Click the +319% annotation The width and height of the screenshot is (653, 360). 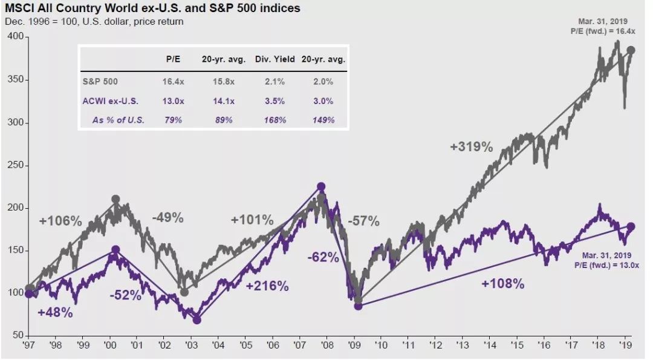click(x=472, y=146)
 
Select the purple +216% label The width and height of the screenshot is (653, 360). click(x=267, y=286)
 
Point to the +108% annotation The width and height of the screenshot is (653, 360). click(x=503, y=283)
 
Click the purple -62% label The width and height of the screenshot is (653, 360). click(x=323, y=258)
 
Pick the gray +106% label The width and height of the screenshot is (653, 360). click(x=60, y=221)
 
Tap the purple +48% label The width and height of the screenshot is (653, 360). click(x=55, y=313)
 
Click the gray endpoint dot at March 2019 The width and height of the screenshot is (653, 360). click(x=631, y=50)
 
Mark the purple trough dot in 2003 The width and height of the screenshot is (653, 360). click(x=197, y=320)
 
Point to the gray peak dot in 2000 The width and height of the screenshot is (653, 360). click(x=116, y=199)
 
